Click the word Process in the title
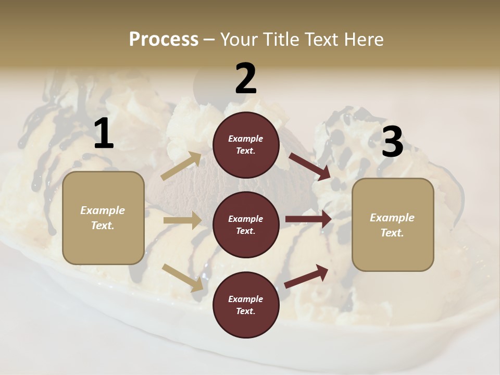pyautogui.click(x=164, y=39)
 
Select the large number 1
pyautogui.click(x=104, y=134)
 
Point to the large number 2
pyautogui.click(x=246, y=79)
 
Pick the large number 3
pyautogui.click(x=392, y=142)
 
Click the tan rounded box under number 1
pyautogui.click(x=103, y=218)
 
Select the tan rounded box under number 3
pyautogui.click(x=393, y=224)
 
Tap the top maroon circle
pyautogui.click(x=246, y=145)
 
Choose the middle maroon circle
pyautogui.click(x=246, y=224)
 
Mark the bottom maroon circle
pyautogui.click(x=246, y=305)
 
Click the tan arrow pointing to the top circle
pyautogui.click(x=181, y=166)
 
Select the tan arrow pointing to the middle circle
pyautogui.click(x=182, y=220)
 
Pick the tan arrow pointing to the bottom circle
pyautogui.click(x=182, y=277)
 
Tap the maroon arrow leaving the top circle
pyautogui.click(x=309, y=166)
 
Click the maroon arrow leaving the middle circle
pyautogui.click(x=308, y=219)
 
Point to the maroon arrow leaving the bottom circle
pyautogui.click(x=306, y=276)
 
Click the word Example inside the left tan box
pyautogui.click(x=103, y=210)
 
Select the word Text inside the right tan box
pyautogui.click(x=392, y=233)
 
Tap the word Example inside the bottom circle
pyautogui.click(x=246, y=299)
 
